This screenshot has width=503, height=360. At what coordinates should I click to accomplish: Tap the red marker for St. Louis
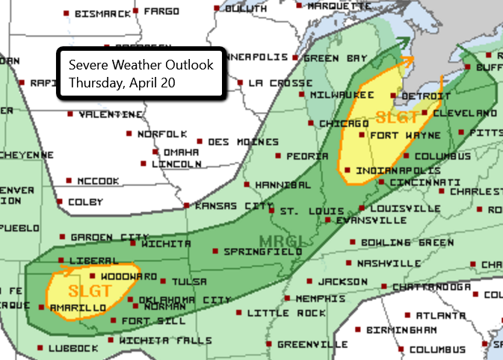pos(272,211)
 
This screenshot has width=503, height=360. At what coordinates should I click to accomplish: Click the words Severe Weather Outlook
pos(141,65)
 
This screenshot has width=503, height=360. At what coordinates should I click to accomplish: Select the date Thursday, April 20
pos(122,83)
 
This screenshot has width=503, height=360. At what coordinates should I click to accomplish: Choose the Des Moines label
pos(243,142)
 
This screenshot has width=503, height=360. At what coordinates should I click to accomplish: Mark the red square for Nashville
pos(350,264)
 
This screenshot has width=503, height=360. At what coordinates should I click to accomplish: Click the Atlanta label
pos(437,314)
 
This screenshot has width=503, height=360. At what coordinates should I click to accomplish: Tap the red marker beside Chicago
pos(312,123)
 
